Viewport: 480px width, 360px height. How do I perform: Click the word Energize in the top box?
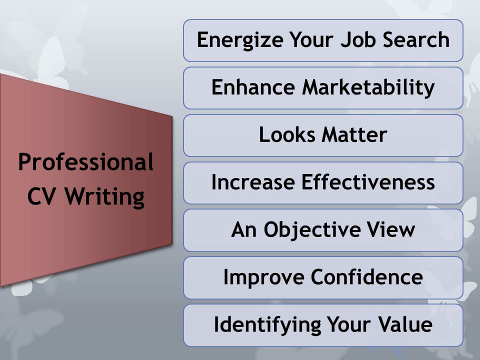point(240,40)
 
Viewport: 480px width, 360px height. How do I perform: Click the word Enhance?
point(253,87)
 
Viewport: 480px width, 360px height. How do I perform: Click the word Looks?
point(287,134)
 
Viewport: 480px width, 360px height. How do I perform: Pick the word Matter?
point(354,134)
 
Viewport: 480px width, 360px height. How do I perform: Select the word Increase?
point(253,182)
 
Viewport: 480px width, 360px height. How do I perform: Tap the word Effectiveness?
point(368,182)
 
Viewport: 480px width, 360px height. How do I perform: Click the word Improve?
point(264,277)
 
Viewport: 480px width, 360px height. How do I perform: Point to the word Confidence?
point(366,276)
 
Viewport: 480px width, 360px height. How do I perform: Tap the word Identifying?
point(267,325)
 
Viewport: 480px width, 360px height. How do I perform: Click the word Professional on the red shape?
point(85,161)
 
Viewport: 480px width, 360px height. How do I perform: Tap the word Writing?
point(104,197)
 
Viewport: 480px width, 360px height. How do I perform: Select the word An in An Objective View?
point(244,229)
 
